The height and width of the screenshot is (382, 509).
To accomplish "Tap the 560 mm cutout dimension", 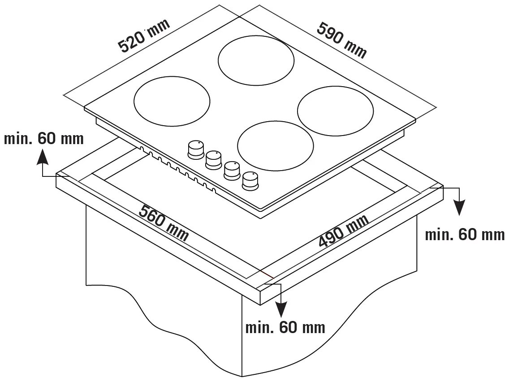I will [x=164, y=223].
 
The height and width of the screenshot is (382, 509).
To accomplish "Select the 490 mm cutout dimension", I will [x=344, y=231].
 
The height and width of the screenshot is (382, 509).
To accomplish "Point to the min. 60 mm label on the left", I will [x=44, y=139].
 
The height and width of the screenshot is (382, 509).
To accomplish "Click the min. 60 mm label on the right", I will [x=465, y=234].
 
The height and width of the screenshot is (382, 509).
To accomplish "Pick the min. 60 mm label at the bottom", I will [x=285, y=327].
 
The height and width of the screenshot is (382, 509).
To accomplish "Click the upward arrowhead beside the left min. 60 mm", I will [x=43, y=157].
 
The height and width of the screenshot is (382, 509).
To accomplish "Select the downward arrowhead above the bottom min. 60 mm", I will [x=281, y=309].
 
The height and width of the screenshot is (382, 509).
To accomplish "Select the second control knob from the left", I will [x=213, y=159].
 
